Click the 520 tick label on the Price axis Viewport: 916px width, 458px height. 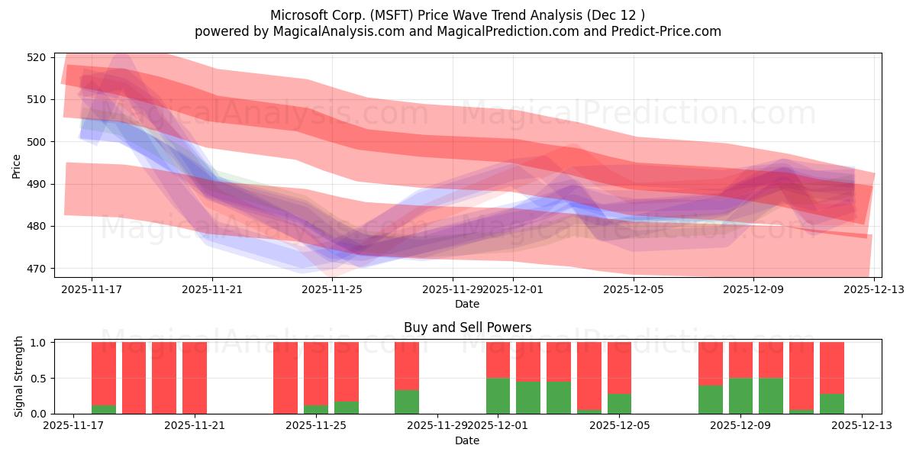38,57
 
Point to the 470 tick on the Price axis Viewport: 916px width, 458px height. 38,269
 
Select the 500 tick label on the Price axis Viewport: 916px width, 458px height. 38,142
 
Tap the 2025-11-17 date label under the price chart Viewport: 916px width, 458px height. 92,290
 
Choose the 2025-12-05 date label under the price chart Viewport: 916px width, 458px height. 633,290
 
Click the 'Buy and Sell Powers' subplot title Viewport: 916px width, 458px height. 467,327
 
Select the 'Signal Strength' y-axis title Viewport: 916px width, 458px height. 20,376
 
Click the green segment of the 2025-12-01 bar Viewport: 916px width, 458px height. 498,396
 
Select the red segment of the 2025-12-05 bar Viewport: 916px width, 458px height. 619,367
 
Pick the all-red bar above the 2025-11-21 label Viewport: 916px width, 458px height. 195,378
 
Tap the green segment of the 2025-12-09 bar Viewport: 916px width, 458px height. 740,396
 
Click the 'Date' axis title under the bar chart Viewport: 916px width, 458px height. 467,440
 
